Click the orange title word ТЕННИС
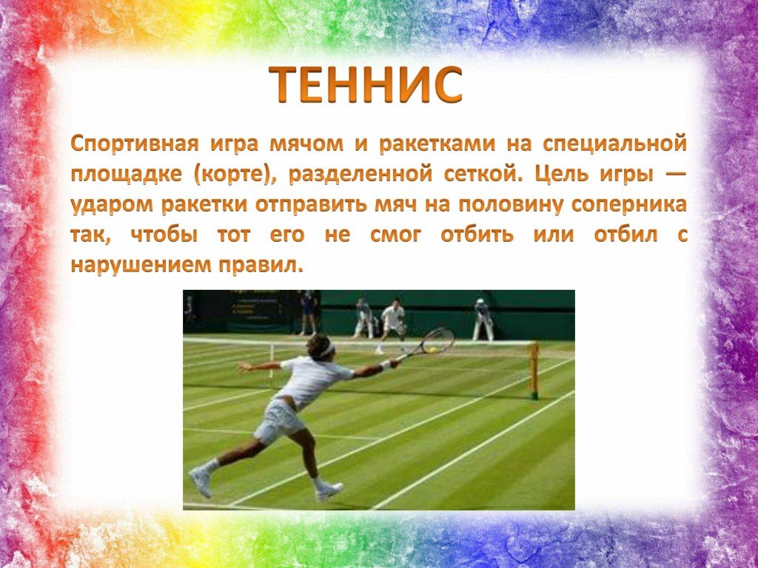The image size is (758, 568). [366, 85]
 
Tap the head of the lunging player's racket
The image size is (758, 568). [437, 340]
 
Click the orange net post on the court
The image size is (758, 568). [533, 370]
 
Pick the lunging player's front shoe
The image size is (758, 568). [329, 490]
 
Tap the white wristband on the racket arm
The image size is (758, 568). [385, 365]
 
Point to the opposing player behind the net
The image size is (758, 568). [392, 322]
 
